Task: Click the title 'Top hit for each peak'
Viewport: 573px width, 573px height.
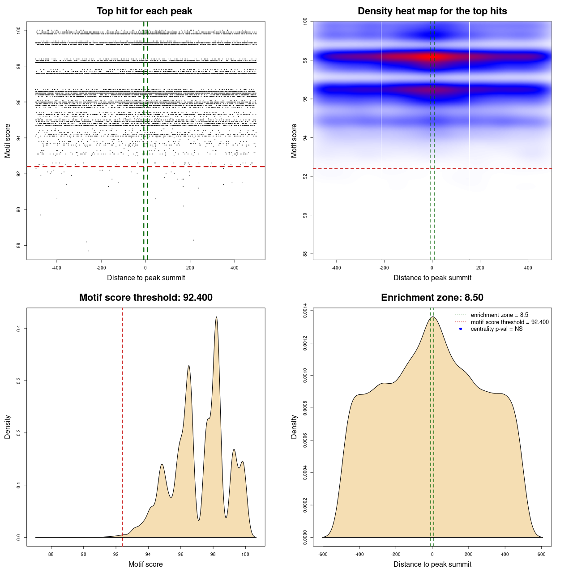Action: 144,11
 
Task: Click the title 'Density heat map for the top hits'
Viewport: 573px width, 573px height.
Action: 432,11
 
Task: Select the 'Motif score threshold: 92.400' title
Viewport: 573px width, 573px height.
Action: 145,298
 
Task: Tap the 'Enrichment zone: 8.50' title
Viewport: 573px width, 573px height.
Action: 432,298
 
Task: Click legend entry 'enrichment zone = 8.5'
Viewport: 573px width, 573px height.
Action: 499,315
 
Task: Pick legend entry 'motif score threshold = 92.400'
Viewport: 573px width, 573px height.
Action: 509,322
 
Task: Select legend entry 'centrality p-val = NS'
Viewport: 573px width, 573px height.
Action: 496,329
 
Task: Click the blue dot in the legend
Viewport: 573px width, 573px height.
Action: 461,329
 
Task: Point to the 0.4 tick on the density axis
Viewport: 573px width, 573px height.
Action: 19,328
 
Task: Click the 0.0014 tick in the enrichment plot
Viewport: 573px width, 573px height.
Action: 305,310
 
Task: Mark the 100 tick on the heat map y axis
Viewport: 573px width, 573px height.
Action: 305,21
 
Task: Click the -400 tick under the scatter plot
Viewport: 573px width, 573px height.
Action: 56,268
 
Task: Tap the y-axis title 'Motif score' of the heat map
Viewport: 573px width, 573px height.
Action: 294,141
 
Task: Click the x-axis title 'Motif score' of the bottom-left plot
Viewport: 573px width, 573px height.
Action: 145,564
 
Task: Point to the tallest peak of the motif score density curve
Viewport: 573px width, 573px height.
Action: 217,317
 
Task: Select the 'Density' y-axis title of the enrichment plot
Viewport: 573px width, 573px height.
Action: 294,427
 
